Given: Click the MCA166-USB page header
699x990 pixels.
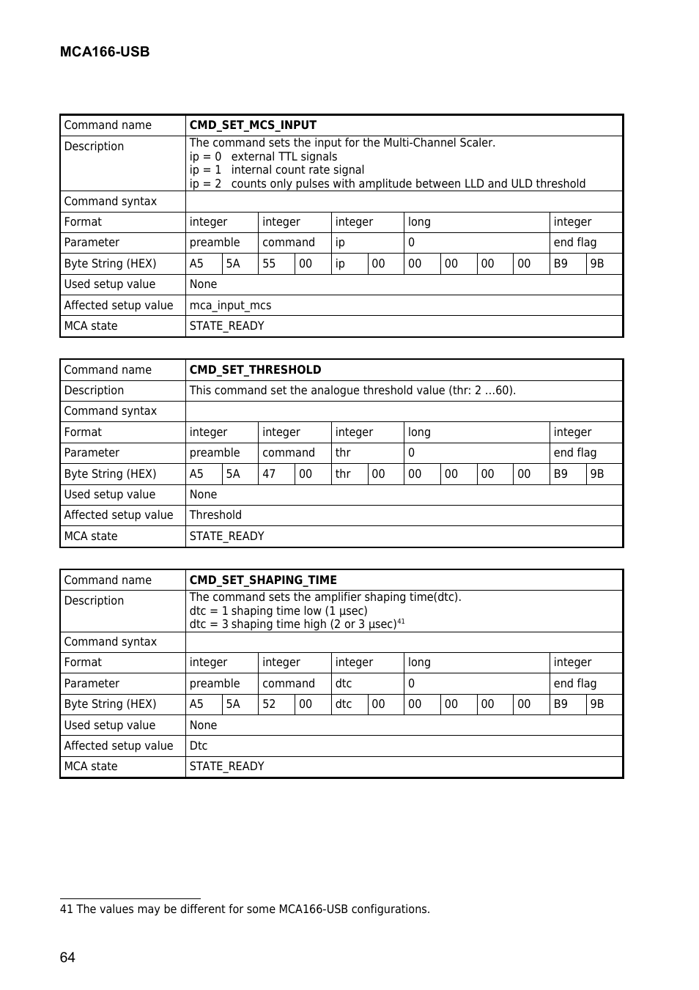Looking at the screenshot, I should point(105,52).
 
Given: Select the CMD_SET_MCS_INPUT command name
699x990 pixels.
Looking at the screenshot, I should point(253,125).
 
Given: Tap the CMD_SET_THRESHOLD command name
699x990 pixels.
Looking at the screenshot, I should point(255,370).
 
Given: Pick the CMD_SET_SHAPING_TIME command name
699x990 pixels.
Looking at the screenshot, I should point(263,580).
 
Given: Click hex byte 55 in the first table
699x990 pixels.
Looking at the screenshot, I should point(269,264).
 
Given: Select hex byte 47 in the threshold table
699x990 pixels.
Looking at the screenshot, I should point(269,474).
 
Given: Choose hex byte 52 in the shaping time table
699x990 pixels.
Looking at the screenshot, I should point(269,704).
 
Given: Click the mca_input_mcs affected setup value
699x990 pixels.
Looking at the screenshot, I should point(230,306).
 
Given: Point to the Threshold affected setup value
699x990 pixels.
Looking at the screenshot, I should point(215,515).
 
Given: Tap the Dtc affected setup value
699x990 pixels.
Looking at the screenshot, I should point(199,746).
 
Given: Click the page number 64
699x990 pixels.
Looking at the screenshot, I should point(67,958).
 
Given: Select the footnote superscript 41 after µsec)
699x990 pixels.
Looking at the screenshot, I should point(401,621).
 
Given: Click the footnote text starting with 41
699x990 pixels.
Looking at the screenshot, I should point(245,909).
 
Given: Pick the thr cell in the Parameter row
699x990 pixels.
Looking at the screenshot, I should point(343,453).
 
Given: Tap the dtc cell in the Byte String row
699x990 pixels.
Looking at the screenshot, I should point(344,704).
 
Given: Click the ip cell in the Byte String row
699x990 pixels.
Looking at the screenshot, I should point(340,264).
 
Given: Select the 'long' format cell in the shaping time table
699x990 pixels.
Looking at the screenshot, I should point(419,662).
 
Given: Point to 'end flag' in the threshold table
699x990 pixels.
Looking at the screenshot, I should point(575,453).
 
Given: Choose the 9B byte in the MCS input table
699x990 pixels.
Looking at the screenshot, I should point(597,264).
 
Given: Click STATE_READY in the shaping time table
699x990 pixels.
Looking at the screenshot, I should point(226,766).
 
